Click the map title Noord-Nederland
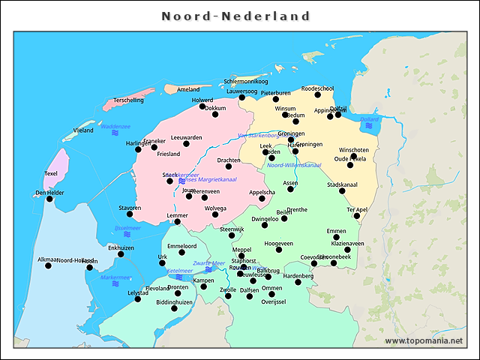[236, 16]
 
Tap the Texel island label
[51, 173]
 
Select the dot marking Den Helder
[50, 199]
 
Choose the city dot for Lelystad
[137, 299]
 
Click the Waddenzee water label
[115, 127]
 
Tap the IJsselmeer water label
[127, 227]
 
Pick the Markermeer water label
[115, 277]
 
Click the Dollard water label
[370, 119]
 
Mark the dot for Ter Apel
[357, 217]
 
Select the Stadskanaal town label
[342, 184]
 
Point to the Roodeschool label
[317, 88]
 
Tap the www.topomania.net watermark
[424, 341]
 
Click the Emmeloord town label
[181, 245]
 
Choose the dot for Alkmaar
[48, 265]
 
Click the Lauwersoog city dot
[241, 97]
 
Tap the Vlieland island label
[83, 130]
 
